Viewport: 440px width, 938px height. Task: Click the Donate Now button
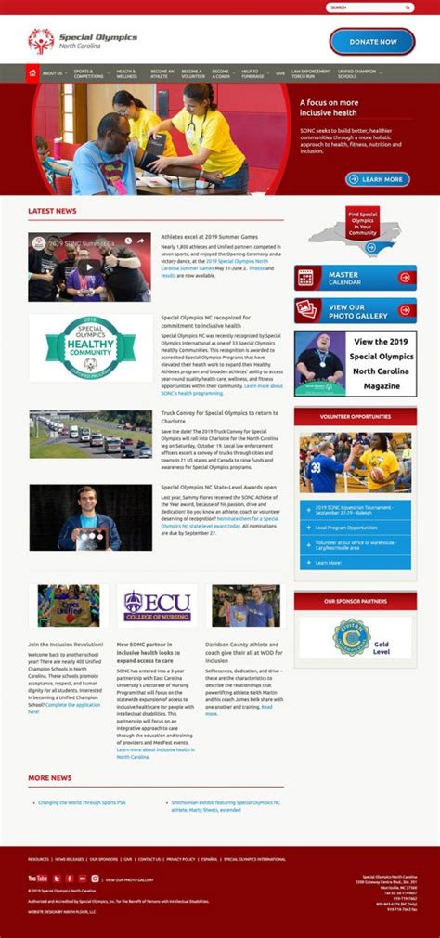point(372,42)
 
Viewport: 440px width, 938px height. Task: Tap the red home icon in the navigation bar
point(32,72)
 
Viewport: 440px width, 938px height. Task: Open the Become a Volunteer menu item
point(192,72)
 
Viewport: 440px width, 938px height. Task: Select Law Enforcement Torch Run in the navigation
point(310,72)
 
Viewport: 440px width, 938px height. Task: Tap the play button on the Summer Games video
point(89,267)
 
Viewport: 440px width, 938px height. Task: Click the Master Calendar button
point(355,277)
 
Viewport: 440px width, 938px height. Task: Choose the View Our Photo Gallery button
point(355,310)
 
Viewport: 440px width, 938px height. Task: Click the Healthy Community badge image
point(90,347)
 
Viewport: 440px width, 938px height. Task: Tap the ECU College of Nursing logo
point(157,606)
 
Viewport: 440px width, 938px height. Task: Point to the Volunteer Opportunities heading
point(355,417)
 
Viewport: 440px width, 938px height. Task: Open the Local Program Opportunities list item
point(352,528)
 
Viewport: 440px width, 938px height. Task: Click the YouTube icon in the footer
point(37,878)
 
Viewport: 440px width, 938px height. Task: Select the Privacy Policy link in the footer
point(181,859)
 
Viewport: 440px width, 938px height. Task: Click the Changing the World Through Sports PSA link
point(81,802)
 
